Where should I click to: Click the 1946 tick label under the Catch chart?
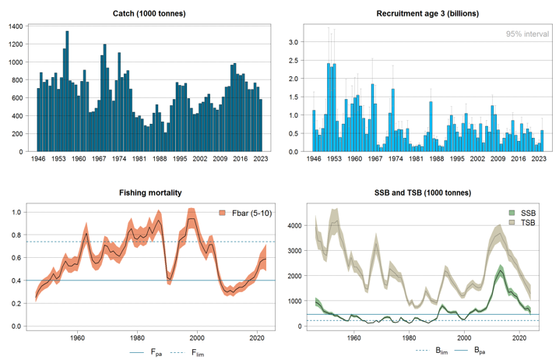[x=37, y=158]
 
